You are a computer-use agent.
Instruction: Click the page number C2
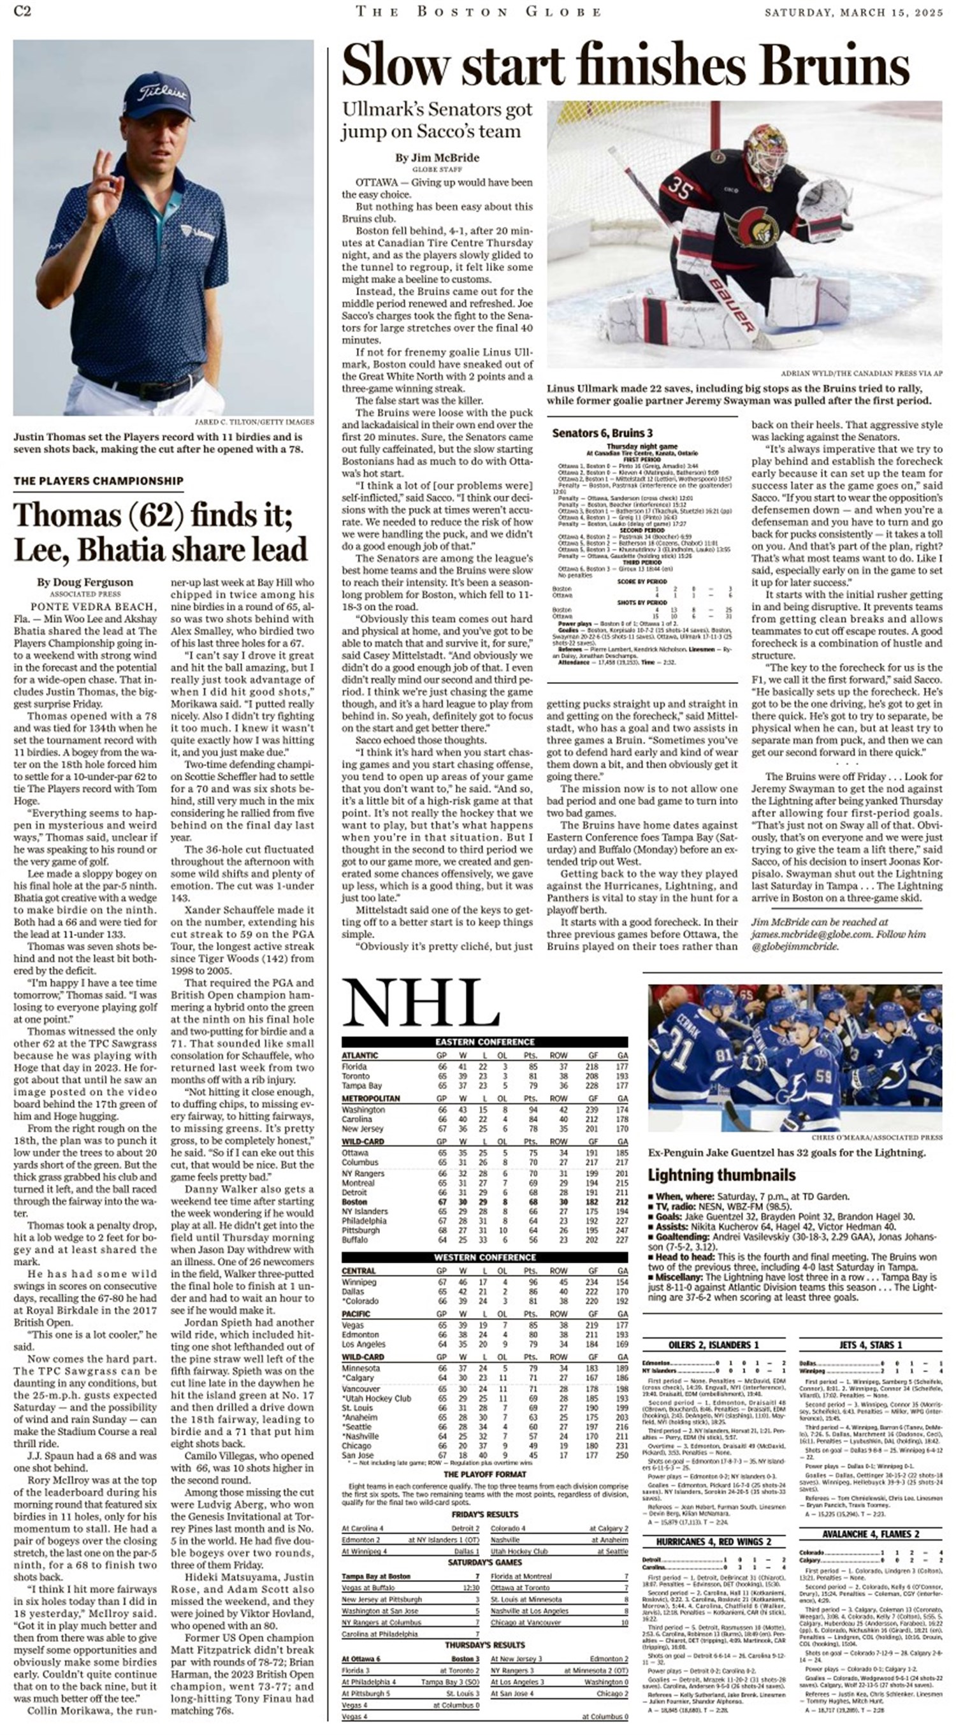pyautogui.click(x=22, y=11)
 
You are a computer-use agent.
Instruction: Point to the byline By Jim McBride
pyautogui.click(x=437, y=157)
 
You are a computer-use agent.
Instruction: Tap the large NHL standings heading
pyautogui.click(x=420, y=1003)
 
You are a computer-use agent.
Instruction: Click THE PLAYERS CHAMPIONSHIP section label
pyautogui.click(x=98, y=480)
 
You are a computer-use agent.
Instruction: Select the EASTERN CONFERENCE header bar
pyautogui.click(x=485, y=1042)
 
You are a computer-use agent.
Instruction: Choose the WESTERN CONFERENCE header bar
pyautogui.click(x=485, y=1258)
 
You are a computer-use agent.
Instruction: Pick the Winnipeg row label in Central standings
pyautogui.click(x=359, y=1282)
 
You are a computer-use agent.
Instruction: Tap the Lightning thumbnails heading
pyautogui.click(x=721, y=1175)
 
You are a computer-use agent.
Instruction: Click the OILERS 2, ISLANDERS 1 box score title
pyautogui.click(x=714, y=1345)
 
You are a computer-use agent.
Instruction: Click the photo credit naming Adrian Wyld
pyautogui.click(x=862, y=372)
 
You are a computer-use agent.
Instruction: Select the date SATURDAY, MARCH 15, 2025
pyautogui.click(x=854, y=11)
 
